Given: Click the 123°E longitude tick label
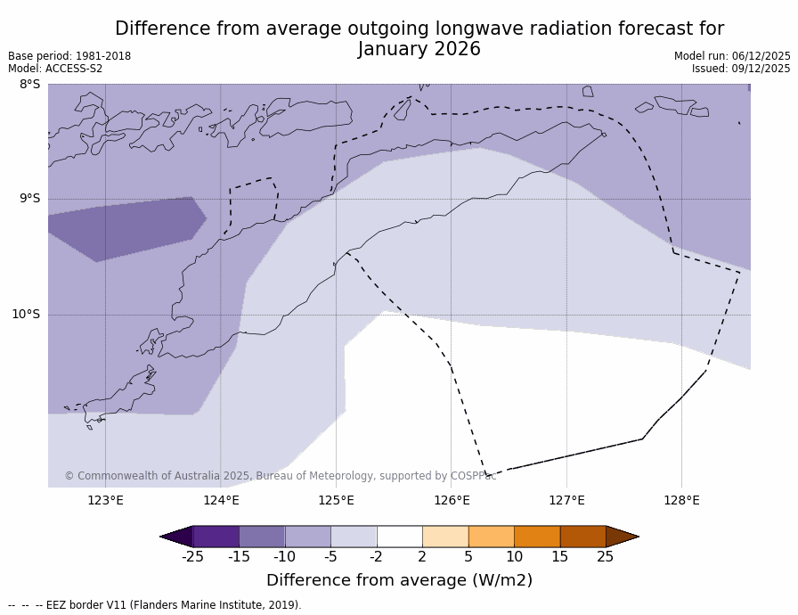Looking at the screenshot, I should click(x=105, y=500).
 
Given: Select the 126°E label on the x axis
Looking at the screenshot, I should click(x=452, y=500).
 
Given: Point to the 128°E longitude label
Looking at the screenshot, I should click(x=681, y=500).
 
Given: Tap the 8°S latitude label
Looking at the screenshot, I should click(x=30, y=85).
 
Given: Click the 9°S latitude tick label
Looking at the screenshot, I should click(x=30, y=199).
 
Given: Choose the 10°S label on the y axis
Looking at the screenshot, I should click(x=26, y=314).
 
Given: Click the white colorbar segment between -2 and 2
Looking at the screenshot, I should click(x=399, y=537).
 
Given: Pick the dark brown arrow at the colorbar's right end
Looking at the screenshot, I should click(x=622, y=537).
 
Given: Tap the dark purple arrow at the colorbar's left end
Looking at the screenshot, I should click(x=176, y=537).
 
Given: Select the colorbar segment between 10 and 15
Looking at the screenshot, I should click(x=537, y=537).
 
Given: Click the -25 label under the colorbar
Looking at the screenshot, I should click(x=192, y=557).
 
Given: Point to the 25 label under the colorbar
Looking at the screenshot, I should click(x=606, y=557).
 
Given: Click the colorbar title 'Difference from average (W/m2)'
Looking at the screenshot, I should click(x=399, y=580).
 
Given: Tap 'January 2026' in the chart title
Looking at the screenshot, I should click(x=419, y=50).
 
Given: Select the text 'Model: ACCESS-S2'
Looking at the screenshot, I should click(x=55, y=69).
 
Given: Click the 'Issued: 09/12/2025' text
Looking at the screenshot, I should click(x=741, y=69).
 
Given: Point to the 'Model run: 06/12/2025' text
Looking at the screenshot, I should click(x=732, y=56).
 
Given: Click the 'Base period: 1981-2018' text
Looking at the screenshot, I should click(x=69, y=56).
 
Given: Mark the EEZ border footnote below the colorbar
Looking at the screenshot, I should click(x=155, y=605).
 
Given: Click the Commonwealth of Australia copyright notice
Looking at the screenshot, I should click(x=281, y=476).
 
